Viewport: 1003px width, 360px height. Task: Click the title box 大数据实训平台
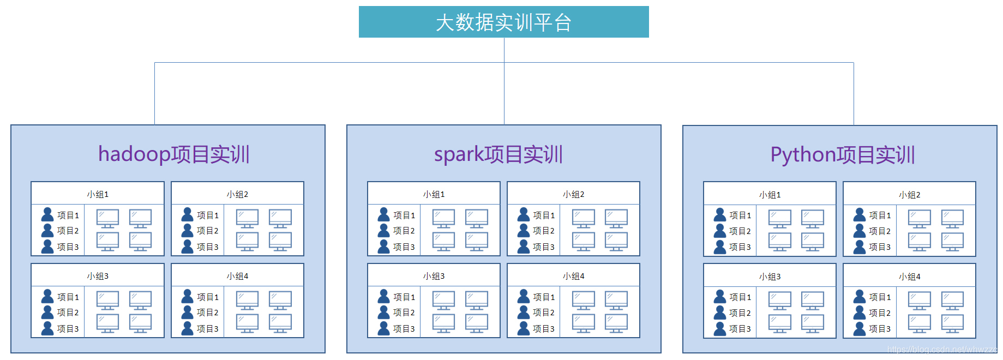point(503,22)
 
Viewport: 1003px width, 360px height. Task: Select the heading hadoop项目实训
point(173,154)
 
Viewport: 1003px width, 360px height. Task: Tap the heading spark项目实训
point(498,154)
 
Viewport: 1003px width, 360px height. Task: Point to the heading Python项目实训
point(842,155)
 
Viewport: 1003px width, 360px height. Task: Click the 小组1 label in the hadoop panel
point(98,194)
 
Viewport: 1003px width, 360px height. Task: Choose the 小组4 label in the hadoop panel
point(237,276)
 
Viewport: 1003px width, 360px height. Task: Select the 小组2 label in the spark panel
point(573,194)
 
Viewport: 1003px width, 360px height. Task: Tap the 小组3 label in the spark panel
point(434,276)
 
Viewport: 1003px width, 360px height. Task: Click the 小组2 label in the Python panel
point(909,195)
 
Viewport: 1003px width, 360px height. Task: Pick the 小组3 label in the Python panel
point(770,277)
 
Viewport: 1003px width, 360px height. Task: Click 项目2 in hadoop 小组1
point(68,231)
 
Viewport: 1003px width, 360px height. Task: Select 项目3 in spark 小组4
point(544,329)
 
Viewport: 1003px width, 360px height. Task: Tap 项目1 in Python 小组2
point(880,215)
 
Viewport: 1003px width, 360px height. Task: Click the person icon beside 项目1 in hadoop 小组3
point(47,296)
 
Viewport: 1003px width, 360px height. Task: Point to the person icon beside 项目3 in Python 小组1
point(720,247)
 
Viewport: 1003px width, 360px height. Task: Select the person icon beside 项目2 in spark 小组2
point(524,230)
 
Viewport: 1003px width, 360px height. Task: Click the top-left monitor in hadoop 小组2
point(247,219)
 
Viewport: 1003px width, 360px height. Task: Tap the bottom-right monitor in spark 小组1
point(476,241)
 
